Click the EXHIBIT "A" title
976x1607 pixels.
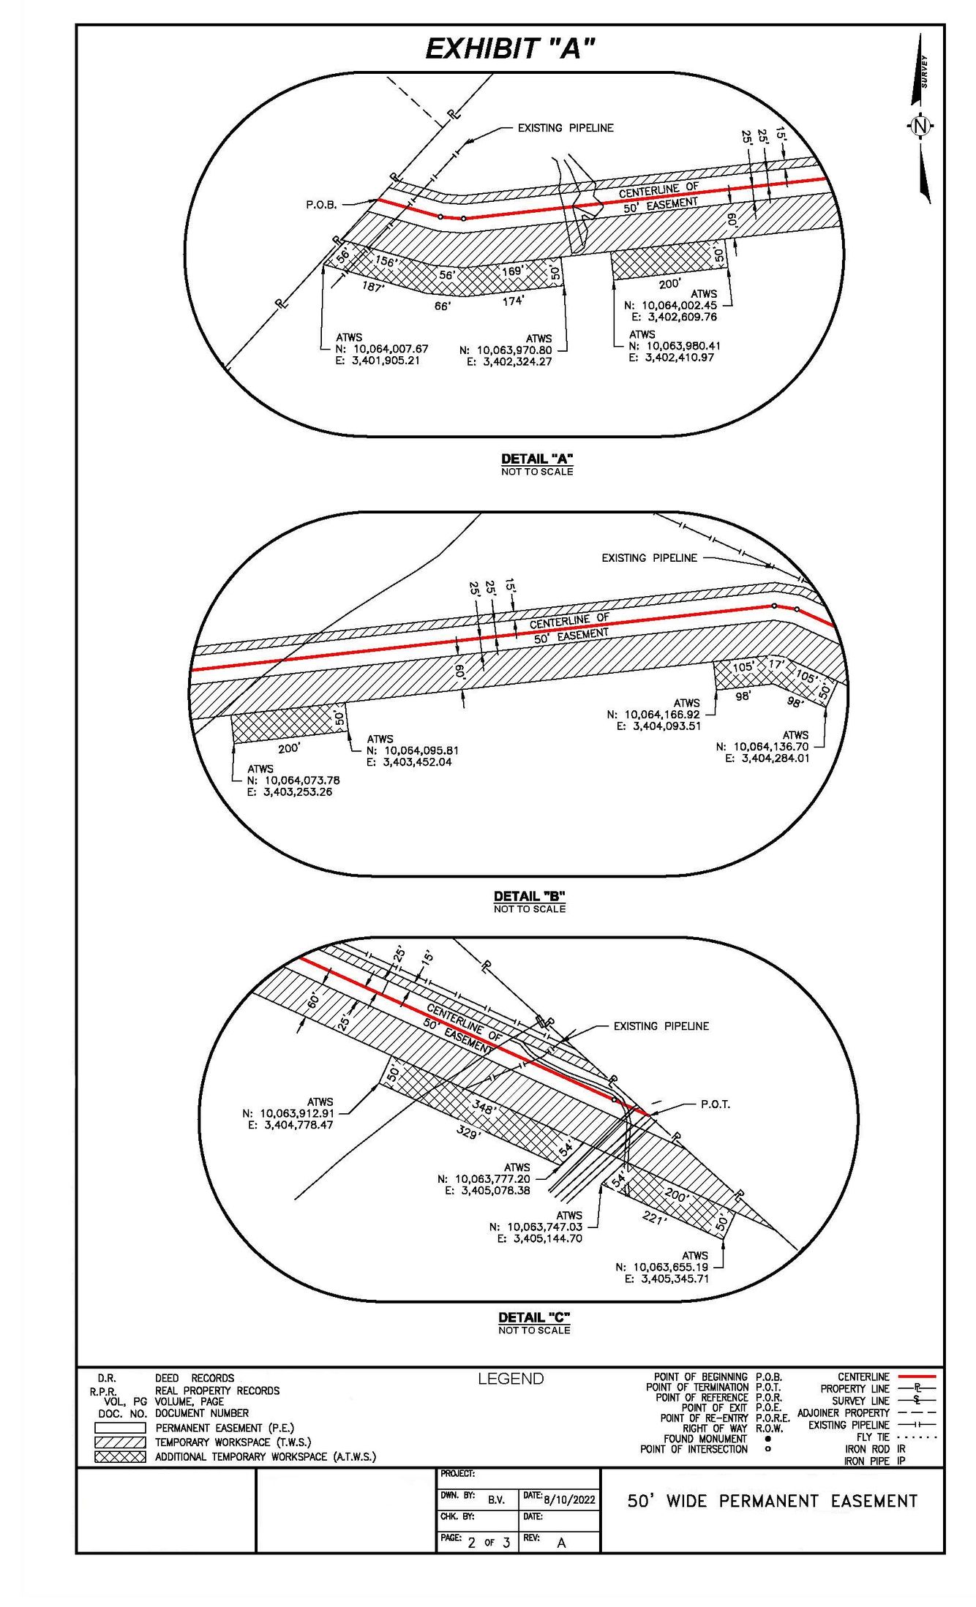pos(510,50)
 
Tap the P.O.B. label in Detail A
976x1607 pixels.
pos(321,205)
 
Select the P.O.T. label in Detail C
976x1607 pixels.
pos(715,1104)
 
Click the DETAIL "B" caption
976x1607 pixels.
pos(529,896)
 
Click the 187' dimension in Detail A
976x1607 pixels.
pos(372,287)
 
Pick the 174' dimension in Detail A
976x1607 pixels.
pos(513,301)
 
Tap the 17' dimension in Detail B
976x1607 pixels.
pos(775,664)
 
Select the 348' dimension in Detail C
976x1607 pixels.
pos(484,1107)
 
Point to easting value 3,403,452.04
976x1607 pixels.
pos(417,761)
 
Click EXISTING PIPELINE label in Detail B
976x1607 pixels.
pos(649,558)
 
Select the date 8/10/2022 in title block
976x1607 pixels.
pos(569,1499)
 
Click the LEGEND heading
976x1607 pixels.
pos(511,1379)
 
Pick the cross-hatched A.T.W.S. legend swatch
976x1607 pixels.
pos(120,1456)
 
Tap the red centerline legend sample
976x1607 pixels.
pos(916,1377)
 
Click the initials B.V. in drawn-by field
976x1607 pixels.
pos(496,1499)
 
